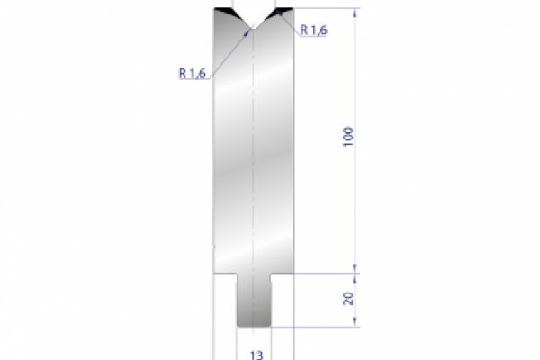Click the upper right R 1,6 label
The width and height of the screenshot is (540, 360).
(314, 30)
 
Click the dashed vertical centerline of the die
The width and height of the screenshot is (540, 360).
(255, 162)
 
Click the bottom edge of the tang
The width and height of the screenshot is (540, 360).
(255, 327)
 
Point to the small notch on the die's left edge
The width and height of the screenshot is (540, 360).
(213, 244)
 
